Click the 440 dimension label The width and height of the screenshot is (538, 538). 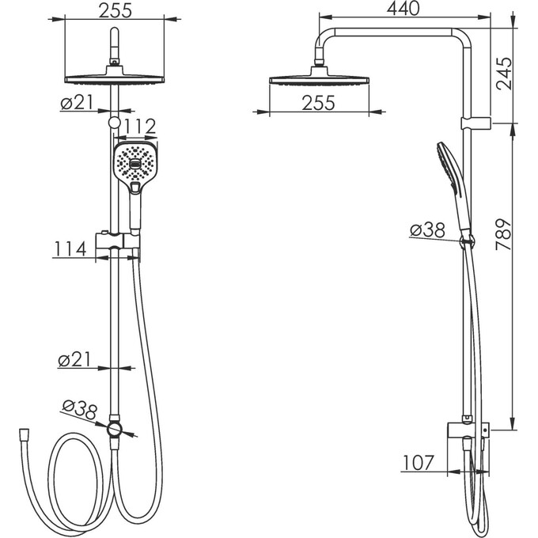pyautogui.click(x=403, y=9)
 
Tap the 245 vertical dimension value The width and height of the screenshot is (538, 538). pyautogui.click(x=504, y=74)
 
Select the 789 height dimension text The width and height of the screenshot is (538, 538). pyautogui.click(x=504, y=234)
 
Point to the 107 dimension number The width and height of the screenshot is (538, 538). pyautogui.click(x=419, y=463)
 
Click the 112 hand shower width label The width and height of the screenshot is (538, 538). pyautogui.click(x=139, y=127)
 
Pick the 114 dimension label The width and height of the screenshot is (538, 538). pyautogui.click(x=70, y=249)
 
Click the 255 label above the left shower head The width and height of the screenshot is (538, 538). pyautogui.click(x=116, y=10)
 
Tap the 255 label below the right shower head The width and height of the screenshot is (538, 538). pyautogui.click(x=318, y=103)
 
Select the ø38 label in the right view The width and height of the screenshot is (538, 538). pyautogui.click(x=427, y=230)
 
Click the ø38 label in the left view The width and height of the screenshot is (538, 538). pyautogui.click(x=80, y=411)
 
